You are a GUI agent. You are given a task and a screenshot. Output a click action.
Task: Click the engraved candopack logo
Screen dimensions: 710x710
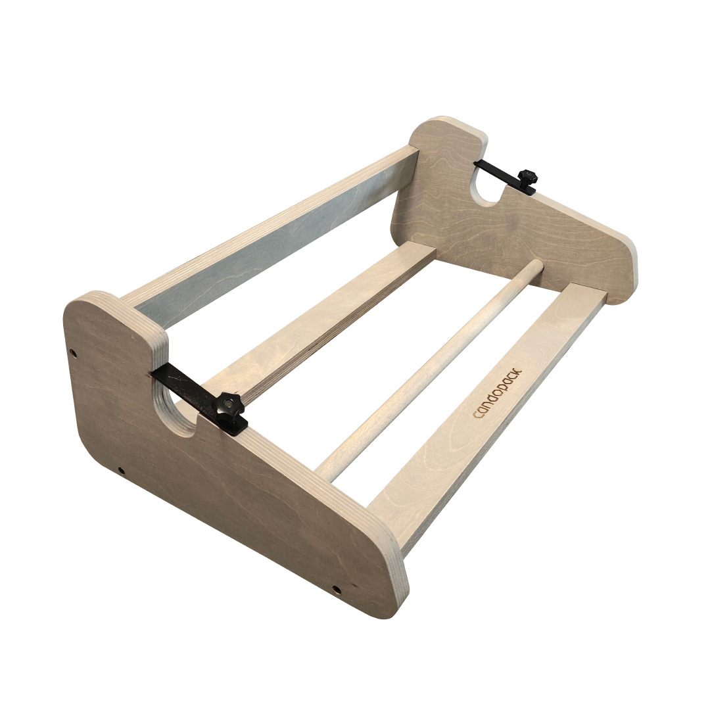click(x=497, y=394)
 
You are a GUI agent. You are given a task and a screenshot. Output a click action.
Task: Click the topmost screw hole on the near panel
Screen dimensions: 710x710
click(x=73, y=352)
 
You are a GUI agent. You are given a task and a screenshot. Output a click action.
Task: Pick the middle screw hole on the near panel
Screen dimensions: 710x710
click(x=121, y=471)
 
